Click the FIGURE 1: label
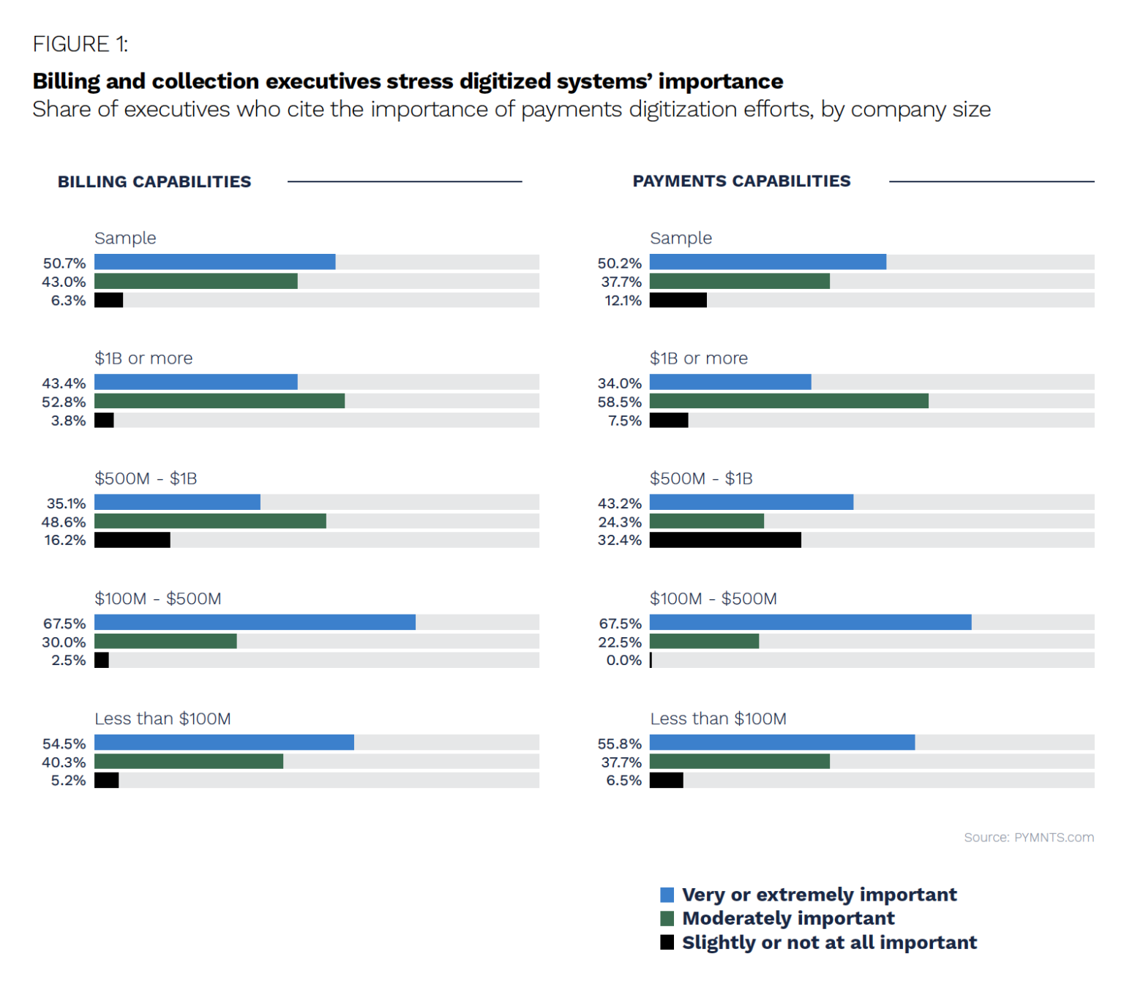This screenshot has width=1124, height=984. tap(80, 45)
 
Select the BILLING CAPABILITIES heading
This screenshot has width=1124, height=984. tap(154, 181)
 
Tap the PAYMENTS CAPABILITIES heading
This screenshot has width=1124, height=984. tap(741, 181)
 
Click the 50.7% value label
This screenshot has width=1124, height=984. tap(64, 263)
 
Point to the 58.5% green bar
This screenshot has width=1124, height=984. tap(789, 401)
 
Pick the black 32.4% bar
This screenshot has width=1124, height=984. tap(725, 540)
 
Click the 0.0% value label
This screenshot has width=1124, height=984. tap(623, 660)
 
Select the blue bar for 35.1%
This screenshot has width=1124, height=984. tap(177, 502)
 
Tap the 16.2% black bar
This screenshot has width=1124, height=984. tap(132, 540)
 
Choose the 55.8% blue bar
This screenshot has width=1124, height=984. tap(782, 743)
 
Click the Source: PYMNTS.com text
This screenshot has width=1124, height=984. tap(1028, 837)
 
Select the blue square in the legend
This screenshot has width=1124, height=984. tap(667, 895)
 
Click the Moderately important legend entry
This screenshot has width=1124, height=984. tap(788, 918)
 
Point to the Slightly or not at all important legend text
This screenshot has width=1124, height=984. tap(829, 942)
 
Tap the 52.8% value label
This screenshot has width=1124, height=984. tap(64, 402)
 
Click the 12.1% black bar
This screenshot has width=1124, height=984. tap(678, 300)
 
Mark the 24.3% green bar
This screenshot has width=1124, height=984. tap(707, 521)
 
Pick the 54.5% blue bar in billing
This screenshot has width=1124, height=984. tap(224, 743)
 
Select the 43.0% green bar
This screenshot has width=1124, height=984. tap(196, 281)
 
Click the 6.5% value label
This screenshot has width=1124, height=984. tap(623, 781)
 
